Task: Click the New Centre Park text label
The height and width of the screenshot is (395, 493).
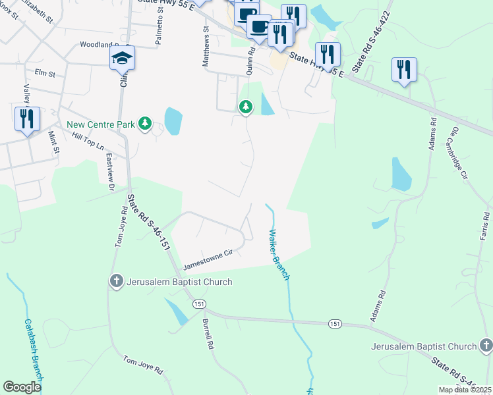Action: coord(100,124)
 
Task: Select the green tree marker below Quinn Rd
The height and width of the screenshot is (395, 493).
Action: coord(246,107)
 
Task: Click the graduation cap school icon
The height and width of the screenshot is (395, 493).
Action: coord(123,58)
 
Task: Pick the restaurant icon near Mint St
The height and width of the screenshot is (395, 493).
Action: coord(27,119)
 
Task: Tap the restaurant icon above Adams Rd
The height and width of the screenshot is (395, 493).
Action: coord(404,70)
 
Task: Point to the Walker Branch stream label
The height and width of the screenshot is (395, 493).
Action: coord(278,254)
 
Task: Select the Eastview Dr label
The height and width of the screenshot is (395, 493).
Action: coord(111,173)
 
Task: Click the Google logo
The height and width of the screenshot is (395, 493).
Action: coord(22,387)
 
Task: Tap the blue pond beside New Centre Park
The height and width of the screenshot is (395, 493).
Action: coord(173,121)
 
